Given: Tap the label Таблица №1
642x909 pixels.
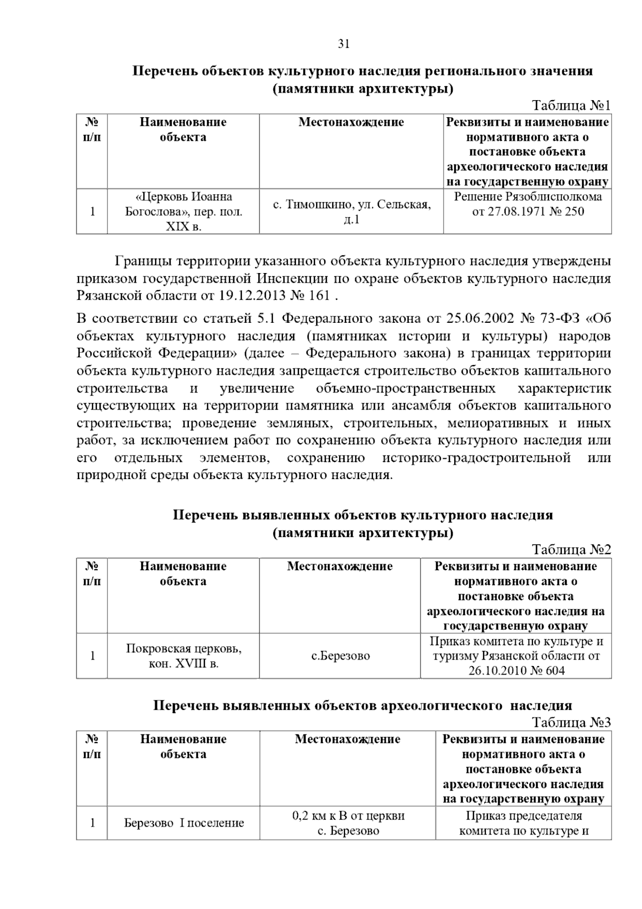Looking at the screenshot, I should [571, 105].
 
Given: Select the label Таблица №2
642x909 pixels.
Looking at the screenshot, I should [571, 550].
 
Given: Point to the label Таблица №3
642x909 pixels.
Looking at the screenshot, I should [571, 723].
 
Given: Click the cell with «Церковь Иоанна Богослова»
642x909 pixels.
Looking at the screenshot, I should [184, 211].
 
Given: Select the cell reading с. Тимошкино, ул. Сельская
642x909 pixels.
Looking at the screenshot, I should [351, 211].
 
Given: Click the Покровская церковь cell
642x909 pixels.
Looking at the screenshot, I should [184, 656].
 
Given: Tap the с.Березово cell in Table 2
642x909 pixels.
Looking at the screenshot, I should [340, 656].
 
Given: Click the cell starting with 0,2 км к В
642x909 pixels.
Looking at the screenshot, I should [348, 823].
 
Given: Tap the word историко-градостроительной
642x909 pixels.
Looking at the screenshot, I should [476, 458].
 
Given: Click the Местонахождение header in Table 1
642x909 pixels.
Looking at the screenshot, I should [351, 122].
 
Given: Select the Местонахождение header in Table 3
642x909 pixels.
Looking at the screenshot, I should [348, 739].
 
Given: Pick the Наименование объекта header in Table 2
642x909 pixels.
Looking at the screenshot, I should [184, 574].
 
